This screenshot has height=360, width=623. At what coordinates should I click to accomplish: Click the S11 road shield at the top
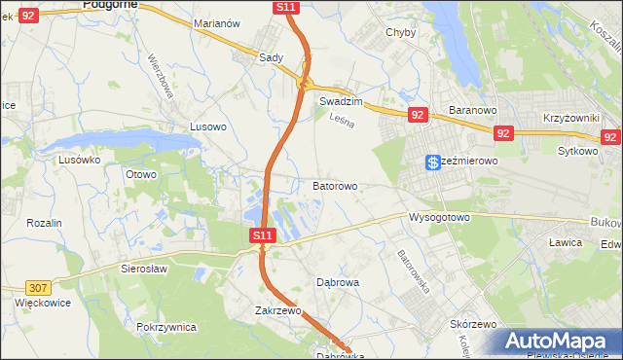pyautogui.click(x=285, y=7)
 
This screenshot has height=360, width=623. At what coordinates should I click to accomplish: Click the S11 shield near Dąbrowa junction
pyautogui.click(x=263, y=235)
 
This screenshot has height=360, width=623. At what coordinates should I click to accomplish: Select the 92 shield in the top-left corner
pyautogui.click(x=28, y=15)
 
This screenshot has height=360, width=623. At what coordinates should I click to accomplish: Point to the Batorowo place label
pyautogui.click(x=335, y=185)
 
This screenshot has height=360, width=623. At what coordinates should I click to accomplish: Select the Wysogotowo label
pyautogui.click(x=439, y=217)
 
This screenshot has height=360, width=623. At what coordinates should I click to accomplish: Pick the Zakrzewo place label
pyautogui.click(x=277, y=311)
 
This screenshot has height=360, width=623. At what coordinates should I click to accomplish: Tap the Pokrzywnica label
pyautogui.click(x=167, y=327)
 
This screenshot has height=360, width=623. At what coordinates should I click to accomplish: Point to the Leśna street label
pyautogui.click(x=340, y=123)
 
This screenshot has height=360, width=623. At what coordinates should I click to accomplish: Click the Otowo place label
pyautogui.click(x=141, y=174)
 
